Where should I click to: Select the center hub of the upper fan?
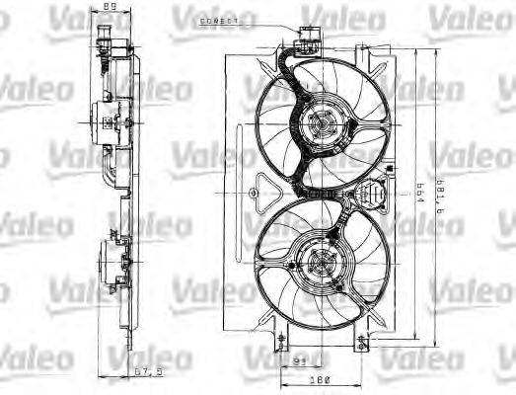318,123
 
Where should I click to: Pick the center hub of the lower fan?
318,265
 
